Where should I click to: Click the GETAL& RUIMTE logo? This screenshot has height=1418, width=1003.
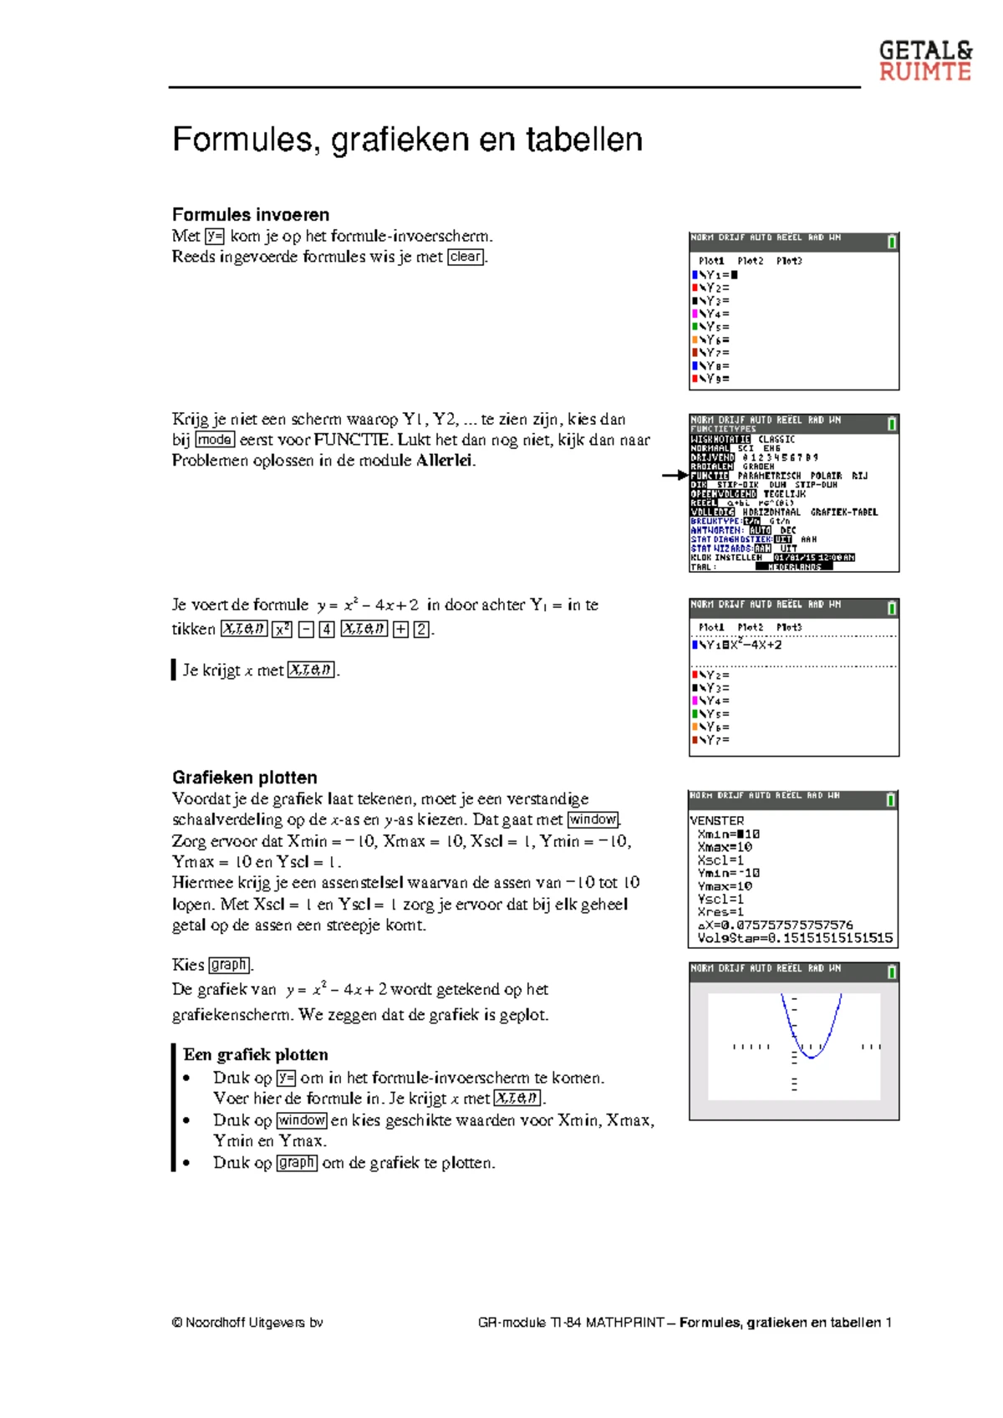click(x=924, y=61)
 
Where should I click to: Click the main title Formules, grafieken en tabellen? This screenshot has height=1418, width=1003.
click(x=407, y=140)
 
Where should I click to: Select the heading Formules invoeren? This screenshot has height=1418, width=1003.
click(x=250, y=214)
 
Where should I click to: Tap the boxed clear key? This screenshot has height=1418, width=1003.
click(x=466, y=257)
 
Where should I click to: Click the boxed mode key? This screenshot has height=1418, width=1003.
click(x=215, y=440)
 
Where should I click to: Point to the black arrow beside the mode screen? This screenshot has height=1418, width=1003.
click(x=674, y=475)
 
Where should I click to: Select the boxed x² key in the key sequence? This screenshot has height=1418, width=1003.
click(x=283, y=629)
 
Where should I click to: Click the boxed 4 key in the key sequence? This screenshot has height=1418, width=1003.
click(x=327, y=629)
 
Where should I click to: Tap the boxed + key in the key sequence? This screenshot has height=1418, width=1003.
click(x=400, y=629)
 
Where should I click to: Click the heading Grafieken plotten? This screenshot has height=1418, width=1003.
click(x=244, y=777)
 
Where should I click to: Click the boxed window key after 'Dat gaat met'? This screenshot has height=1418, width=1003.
click(x=593, y=819)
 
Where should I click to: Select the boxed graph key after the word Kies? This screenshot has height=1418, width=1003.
click(x=229, y=964)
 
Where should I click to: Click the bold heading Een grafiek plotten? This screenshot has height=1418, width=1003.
click(x=255, y=1054)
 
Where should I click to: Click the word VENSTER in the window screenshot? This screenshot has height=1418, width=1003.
click(x=716, y=821)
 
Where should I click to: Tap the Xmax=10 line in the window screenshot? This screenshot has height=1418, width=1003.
click(x=725, y=847)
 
